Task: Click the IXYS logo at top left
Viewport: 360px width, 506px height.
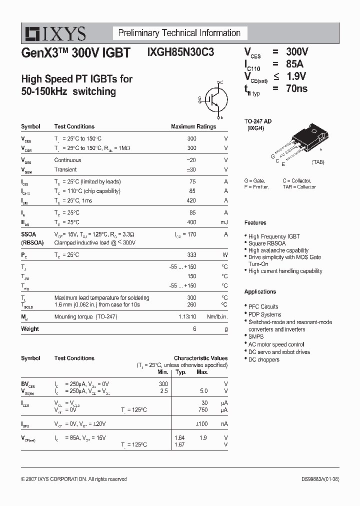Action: click(53, 33)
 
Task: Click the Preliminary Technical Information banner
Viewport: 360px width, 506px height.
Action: click(179, 33)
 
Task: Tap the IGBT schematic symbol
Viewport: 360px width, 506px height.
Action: click(213, 99)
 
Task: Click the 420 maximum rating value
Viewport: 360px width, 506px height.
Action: click(191, 200)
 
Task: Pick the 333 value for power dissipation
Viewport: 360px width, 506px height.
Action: click(191, 254)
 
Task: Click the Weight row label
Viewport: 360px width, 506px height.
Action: click(30, 329)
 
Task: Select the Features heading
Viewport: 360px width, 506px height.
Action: click(255, 222)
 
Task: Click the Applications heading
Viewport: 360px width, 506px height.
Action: click(260, 291)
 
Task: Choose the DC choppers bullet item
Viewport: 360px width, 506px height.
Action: click(263, 359)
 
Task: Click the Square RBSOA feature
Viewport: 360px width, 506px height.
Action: click(267, 243)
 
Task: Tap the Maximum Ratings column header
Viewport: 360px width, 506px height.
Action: click(193, 126)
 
